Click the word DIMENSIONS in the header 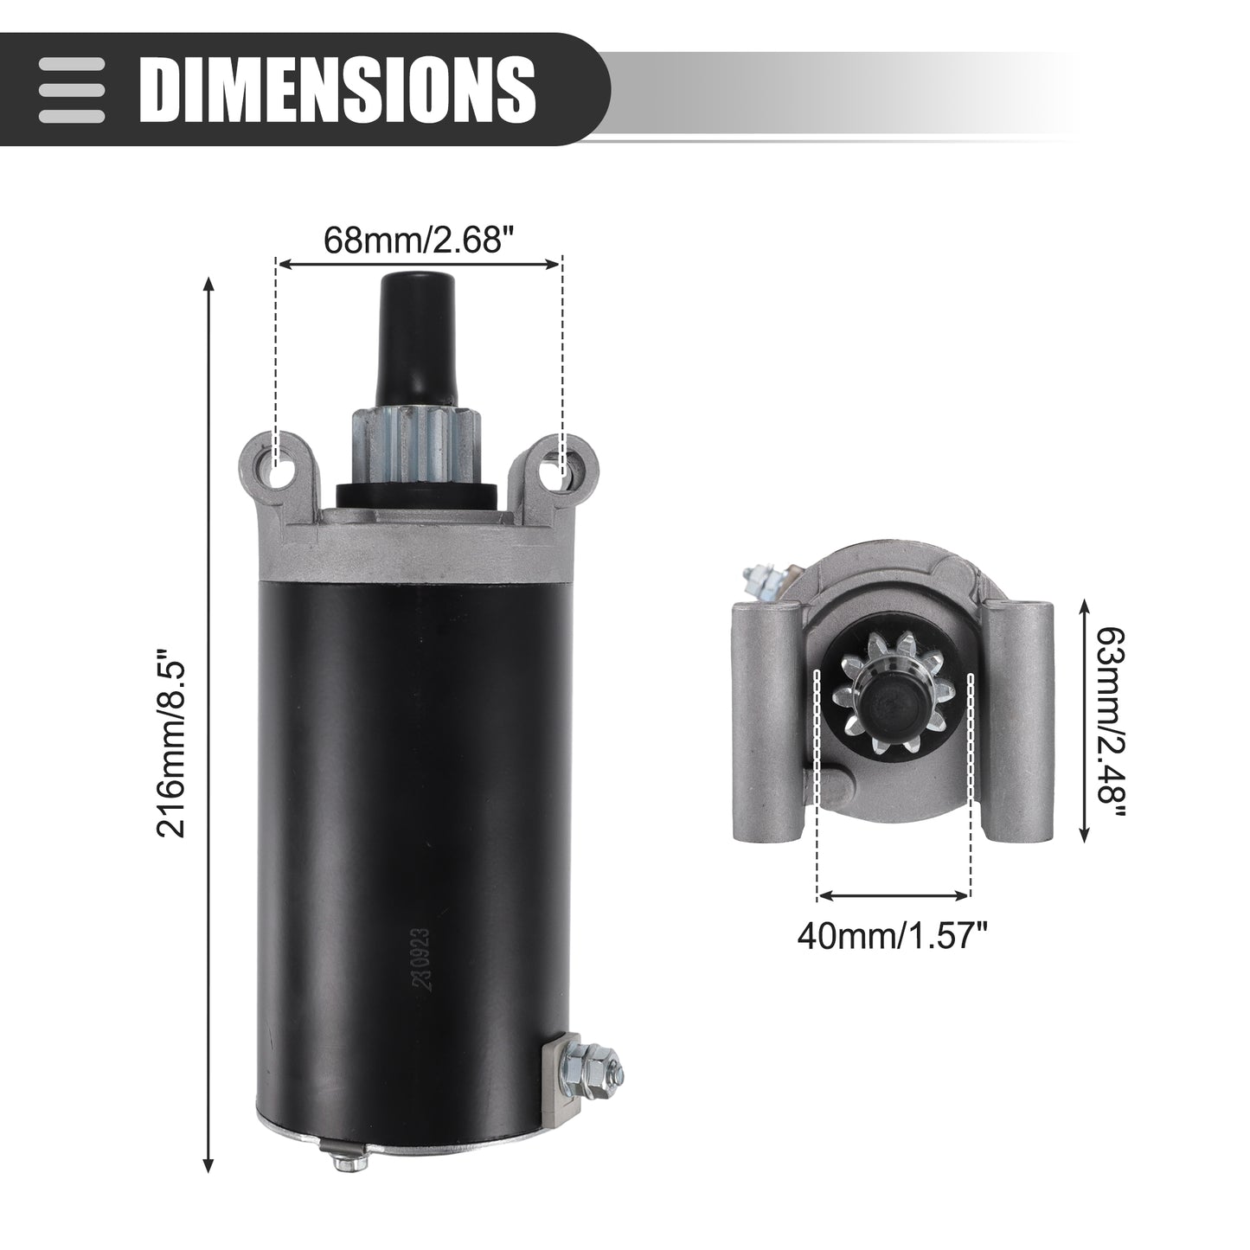coord(337,89)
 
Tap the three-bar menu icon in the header coord(72,90)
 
